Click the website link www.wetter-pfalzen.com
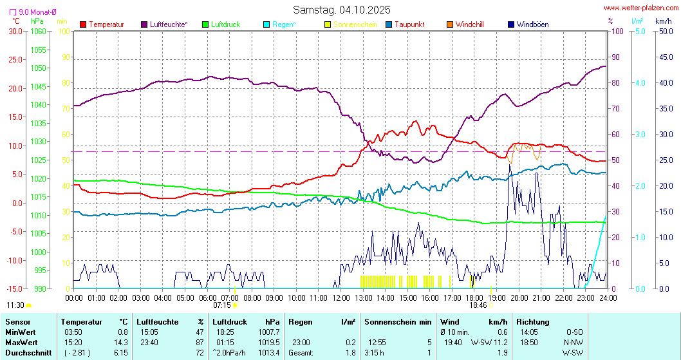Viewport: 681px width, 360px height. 640,8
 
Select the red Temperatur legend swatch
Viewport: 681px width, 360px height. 83,24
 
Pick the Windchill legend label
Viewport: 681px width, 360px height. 469,24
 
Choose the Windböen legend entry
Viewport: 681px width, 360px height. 532,24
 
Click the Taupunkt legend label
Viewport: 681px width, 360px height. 409,24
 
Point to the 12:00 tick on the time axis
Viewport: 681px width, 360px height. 341,298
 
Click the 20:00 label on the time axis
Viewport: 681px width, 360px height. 519,298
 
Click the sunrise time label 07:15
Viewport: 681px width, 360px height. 221,305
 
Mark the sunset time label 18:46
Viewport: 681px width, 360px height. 477,305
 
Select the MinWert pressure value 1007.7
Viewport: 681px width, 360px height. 269,332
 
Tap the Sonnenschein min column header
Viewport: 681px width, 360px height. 398,321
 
